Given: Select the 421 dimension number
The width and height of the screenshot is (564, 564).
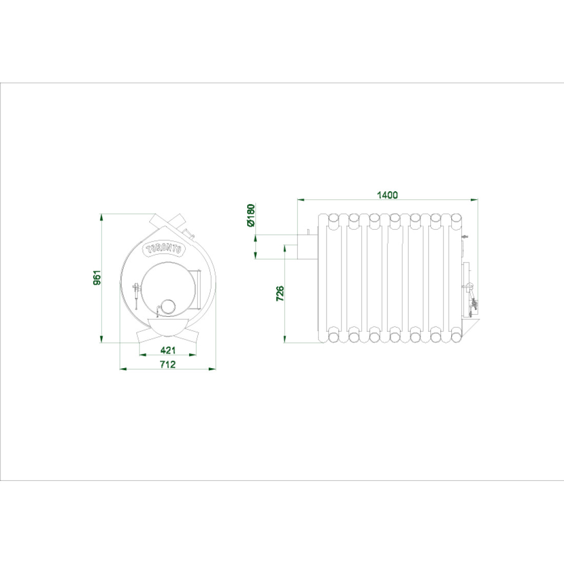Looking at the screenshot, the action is click(x=168, y=350).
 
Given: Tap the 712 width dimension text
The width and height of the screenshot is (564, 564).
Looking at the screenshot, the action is click(x=168, y=365).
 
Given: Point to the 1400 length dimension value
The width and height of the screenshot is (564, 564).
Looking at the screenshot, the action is click(x=388, y=195).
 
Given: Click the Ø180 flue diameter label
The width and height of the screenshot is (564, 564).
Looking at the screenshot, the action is click(x=251, y=215).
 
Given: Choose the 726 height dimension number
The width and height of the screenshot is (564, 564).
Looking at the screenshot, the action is click(x=280, y=293).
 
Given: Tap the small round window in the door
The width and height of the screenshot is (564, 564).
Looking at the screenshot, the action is click(x=167, y=307).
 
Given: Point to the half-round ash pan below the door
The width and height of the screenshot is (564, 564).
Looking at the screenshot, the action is click(x=167, y=326).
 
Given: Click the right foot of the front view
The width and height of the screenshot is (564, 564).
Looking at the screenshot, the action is click(x=191, y=337).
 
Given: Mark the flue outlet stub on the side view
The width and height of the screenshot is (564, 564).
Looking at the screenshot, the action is click(x=307, y=247).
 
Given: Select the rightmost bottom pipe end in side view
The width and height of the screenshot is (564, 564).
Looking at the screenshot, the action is click(x=456, y=337).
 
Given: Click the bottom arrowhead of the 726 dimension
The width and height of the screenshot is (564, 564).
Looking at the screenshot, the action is click(x=285, y=339).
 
